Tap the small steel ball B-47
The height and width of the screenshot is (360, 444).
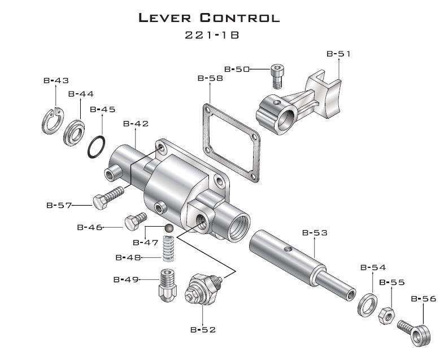(x=169, y=228)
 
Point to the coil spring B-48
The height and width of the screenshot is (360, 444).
(x=169, y=249)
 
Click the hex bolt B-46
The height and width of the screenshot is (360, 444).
(x=136, y=221)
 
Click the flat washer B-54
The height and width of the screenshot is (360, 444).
(x=360, y=305)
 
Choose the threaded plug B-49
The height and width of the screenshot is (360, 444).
(x=168, y=285)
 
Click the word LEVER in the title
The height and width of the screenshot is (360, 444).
(x=165, y=18)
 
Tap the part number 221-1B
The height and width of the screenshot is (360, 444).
(x=212, y=35)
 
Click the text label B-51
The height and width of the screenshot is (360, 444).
(x=339, y=54)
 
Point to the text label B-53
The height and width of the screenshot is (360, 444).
(x=315, y=233)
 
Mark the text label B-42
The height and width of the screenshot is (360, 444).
(x=136, y=124)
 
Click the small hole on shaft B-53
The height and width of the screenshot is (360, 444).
(x=288, y=249)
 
